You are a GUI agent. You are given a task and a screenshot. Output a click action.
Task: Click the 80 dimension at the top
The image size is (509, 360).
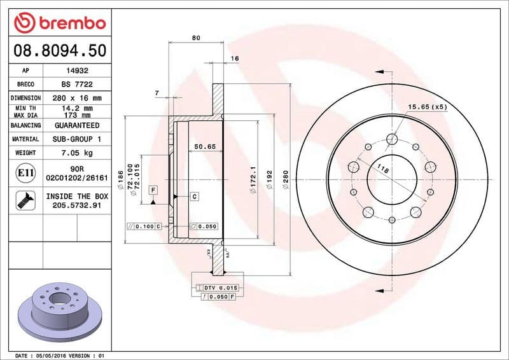click(196, 38)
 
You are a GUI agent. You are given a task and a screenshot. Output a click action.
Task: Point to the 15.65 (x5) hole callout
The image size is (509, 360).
click(427, 107)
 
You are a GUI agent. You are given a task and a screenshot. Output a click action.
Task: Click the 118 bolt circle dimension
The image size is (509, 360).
click(383, 169)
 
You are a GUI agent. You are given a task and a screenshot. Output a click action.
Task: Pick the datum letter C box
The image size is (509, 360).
click(194, 197)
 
